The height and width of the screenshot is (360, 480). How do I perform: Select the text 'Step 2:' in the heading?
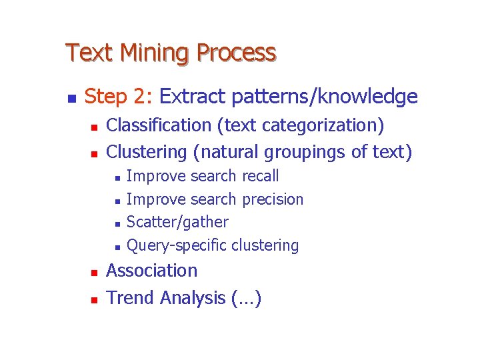119,97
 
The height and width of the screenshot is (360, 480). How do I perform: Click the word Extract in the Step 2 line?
193,97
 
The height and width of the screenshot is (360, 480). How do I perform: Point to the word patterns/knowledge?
325,97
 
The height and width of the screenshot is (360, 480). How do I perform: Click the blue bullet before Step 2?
71,99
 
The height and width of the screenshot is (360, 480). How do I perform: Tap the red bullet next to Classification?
94,127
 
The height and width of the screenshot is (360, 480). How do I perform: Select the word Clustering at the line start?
147,152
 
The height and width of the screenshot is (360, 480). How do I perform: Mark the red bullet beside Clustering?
94,153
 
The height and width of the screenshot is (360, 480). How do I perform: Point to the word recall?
260,176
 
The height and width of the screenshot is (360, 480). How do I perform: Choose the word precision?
273,199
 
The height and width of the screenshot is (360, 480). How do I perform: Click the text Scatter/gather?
177,222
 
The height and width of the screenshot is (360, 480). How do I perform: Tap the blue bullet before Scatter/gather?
117,223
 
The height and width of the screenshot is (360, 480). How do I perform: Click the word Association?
152,271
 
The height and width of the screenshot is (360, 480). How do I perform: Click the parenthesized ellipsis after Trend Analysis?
246,298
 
